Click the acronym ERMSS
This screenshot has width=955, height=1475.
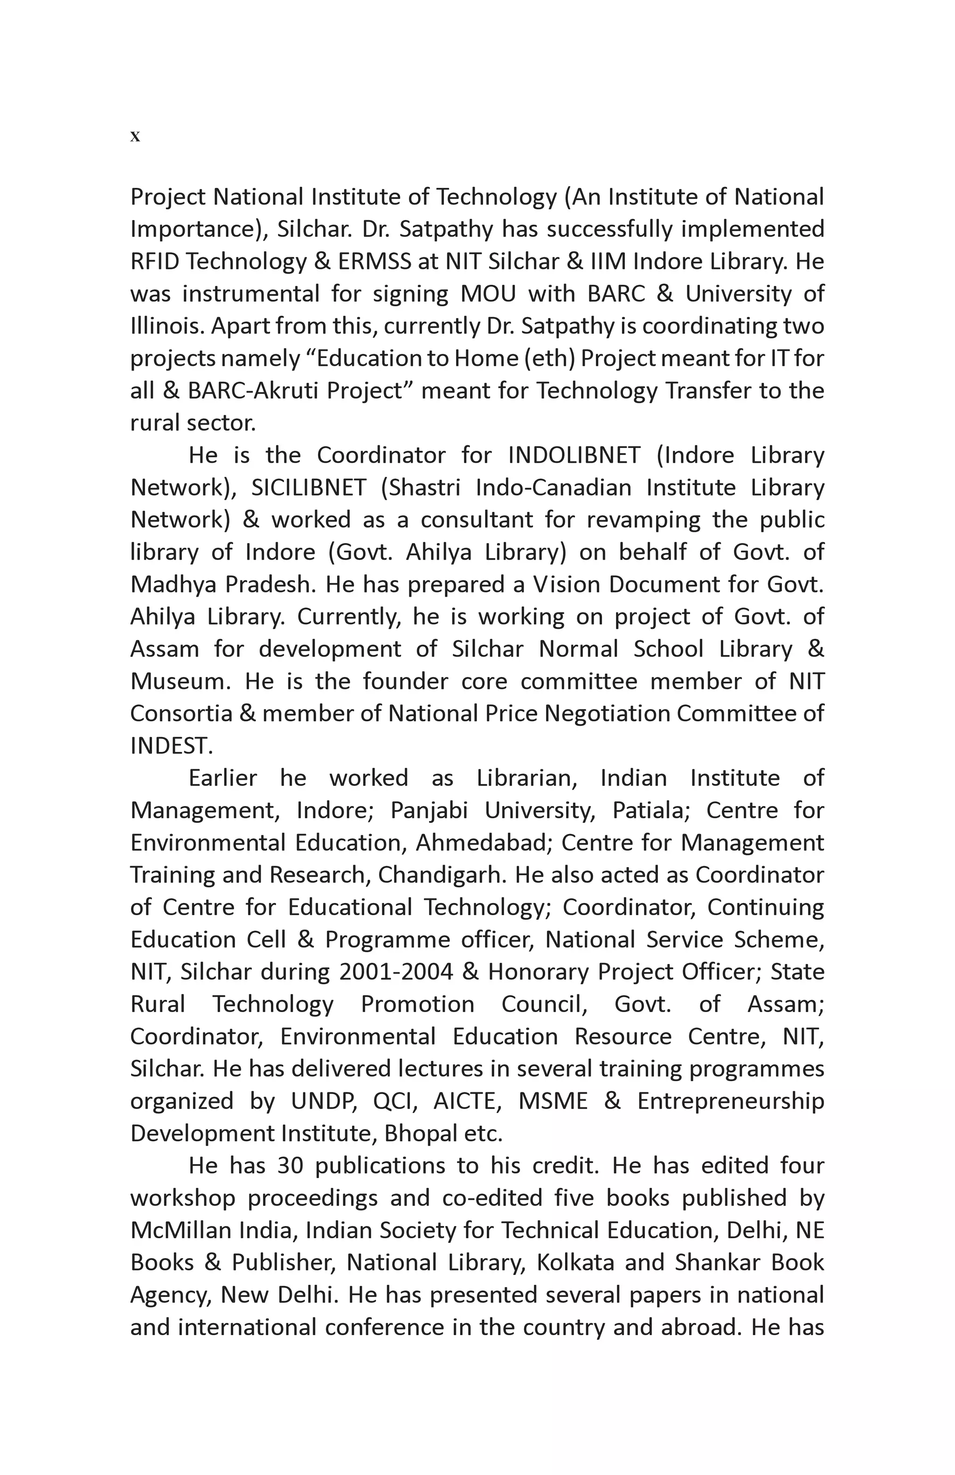pos(374,262)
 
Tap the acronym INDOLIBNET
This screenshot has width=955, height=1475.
pos(573,455)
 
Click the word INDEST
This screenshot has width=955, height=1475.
pos(171,746)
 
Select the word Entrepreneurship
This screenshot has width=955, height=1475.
pos(730,1101)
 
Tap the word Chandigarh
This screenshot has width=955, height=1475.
pos(443,875)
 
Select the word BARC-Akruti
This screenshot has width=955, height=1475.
pos(253,391)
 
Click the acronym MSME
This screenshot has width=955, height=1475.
pos(552,1101)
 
